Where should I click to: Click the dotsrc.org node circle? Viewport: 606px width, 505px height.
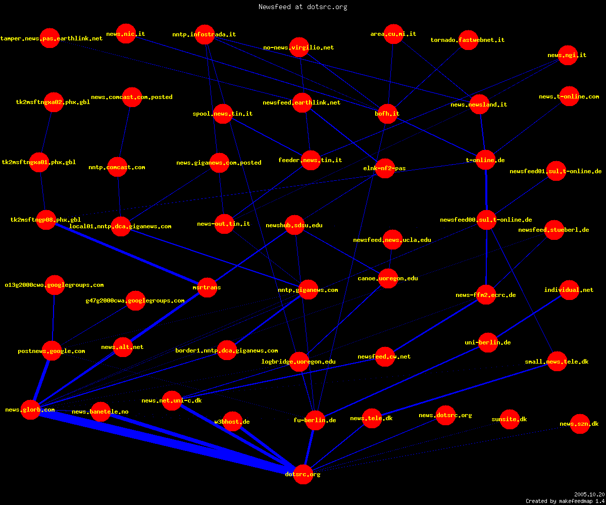click(x=303, y=474)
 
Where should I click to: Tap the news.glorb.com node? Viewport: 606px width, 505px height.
click(x=30, y=410)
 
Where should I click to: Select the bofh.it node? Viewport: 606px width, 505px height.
click(x=387, y=114)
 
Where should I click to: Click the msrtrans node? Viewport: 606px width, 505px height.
click(x=207, y=287)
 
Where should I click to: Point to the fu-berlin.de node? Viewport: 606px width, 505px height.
click(x=315, y=420)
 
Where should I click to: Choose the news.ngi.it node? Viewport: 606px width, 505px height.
click(x=568, y=55)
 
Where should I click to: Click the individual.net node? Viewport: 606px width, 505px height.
click(x=569, y=290)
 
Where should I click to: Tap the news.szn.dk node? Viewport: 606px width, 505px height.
click(x=580, y=424)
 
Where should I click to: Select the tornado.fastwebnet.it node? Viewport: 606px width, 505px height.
click(x=468, y=40)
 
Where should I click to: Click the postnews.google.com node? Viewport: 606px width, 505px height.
click(x=52, y=351)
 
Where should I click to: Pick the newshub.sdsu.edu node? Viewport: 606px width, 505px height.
click(x=294, y=225)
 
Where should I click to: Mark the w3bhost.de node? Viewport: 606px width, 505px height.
click(x=232, y=421)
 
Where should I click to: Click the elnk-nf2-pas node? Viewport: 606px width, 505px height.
click(x=385, y=168)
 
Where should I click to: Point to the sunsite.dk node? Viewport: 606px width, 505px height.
click(x=510, y=419)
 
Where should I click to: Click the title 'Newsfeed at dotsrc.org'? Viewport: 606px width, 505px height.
click(x=302, y=7)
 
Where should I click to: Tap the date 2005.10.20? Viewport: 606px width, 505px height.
click(x=589, y=494)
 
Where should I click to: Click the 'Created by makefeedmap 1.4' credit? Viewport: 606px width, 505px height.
click(x=565, y=501)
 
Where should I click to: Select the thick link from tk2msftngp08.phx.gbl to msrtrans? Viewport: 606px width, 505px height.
click(x=127, y=254)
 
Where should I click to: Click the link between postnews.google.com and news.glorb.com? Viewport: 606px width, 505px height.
click(x=41, y=380)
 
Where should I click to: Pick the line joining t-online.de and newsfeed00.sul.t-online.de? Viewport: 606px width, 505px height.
click(x=486, y=190)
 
